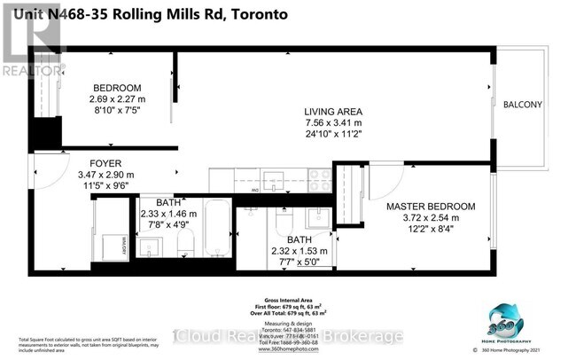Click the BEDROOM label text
118,87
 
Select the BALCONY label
523,105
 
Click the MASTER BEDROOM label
431,206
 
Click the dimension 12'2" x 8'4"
431,229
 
